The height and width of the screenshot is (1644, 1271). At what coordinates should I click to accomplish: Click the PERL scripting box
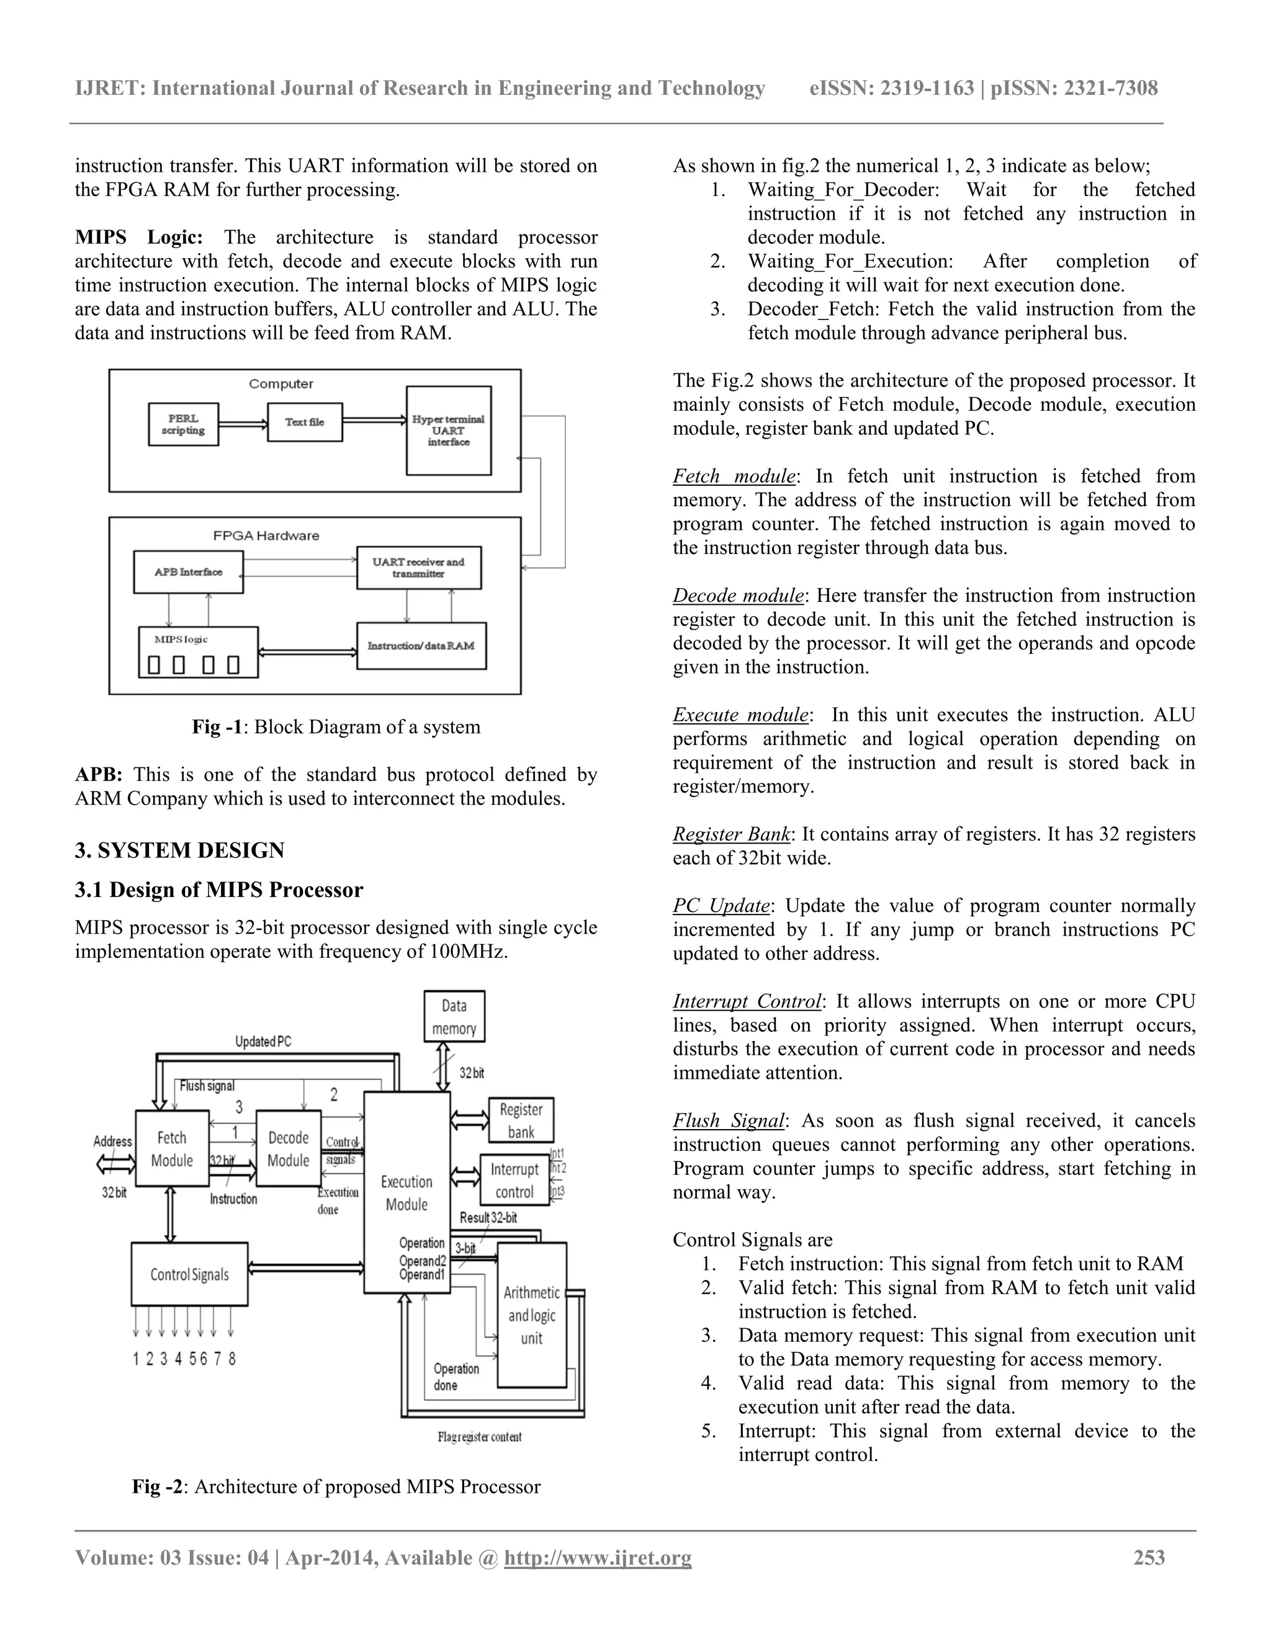(183, 424)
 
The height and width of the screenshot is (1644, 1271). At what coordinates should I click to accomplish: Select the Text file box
(305, 422)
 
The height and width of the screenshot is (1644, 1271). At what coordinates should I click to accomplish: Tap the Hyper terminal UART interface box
(449, 431)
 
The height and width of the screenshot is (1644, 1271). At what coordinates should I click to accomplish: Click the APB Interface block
(188, 572)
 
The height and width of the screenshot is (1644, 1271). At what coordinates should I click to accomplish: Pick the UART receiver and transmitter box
(419, 568)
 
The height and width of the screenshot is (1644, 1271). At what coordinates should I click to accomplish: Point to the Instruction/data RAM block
(421, 646)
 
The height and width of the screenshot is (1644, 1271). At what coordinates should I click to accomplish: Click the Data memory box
(454, 1017)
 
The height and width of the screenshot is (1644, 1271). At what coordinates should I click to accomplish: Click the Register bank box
(521, 1120)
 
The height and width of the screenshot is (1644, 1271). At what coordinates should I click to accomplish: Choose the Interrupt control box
(515, 1181)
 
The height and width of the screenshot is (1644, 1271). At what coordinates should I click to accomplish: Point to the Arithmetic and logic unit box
(532, 1315)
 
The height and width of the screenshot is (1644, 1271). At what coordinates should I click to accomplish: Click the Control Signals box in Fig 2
(189, 1274)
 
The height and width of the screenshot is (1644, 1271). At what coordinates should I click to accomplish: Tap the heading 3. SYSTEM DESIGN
(179, 851)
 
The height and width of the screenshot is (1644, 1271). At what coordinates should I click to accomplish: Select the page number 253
(1149, 1557)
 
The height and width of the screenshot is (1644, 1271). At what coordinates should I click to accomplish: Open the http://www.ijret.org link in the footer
(598, 1557)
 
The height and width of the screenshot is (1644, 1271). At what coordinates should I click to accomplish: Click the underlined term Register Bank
(731, 834)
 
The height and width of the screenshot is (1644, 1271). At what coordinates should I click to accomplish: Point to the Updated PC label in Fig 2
(263, 1042)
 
